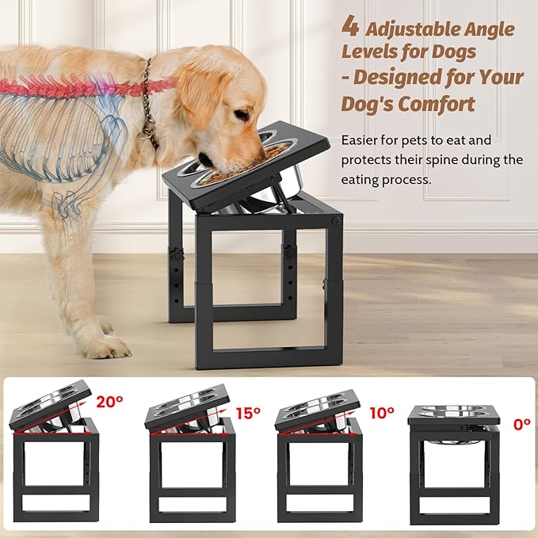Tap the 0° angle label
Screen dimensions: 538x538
click(521, 424)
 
